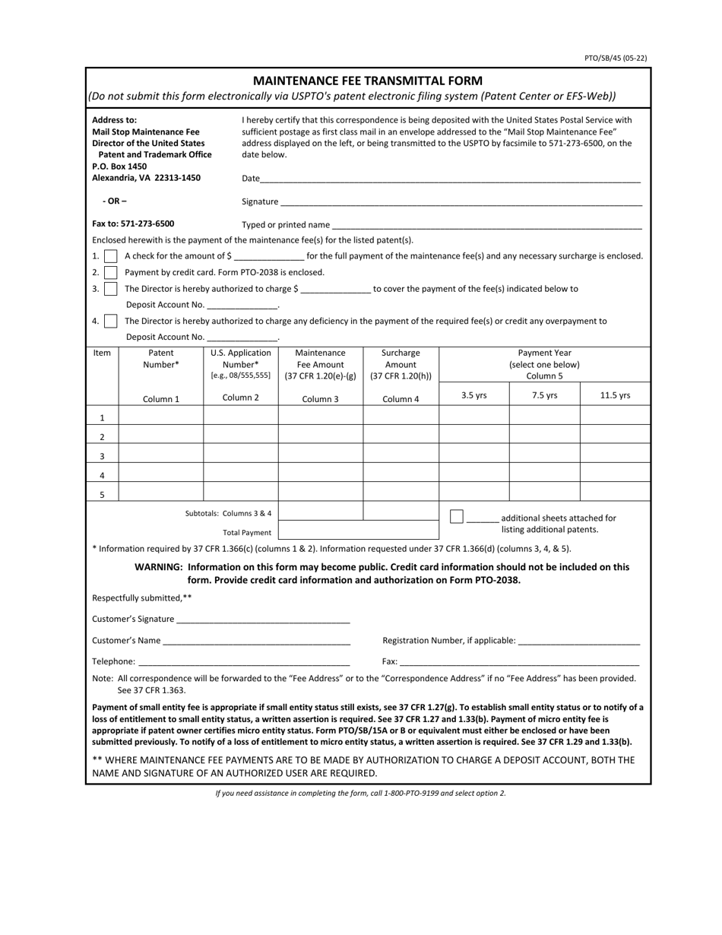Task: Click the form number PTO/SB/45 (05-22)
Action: [616, 58]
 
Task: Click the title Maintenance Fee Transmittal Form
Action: [367, 81]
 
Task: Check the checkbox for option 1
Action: [110, 256]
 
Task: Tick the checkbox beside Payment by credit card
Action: [110, 272]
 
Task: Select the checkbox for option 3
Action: [110, 289]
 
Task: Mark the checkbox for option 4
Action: [110, 321]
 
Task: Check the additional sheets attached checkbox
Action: [456, 517]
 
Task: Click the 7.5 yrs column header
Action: [544, 395]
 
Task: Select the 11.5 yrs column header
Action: [615, 395]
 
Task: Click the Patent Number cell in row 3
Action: [161, 456]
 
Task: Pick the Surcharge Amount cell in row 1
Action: [401, 417]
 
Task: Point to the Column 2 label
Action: [240, 398]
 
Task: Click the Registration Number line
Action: [578, 640]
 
